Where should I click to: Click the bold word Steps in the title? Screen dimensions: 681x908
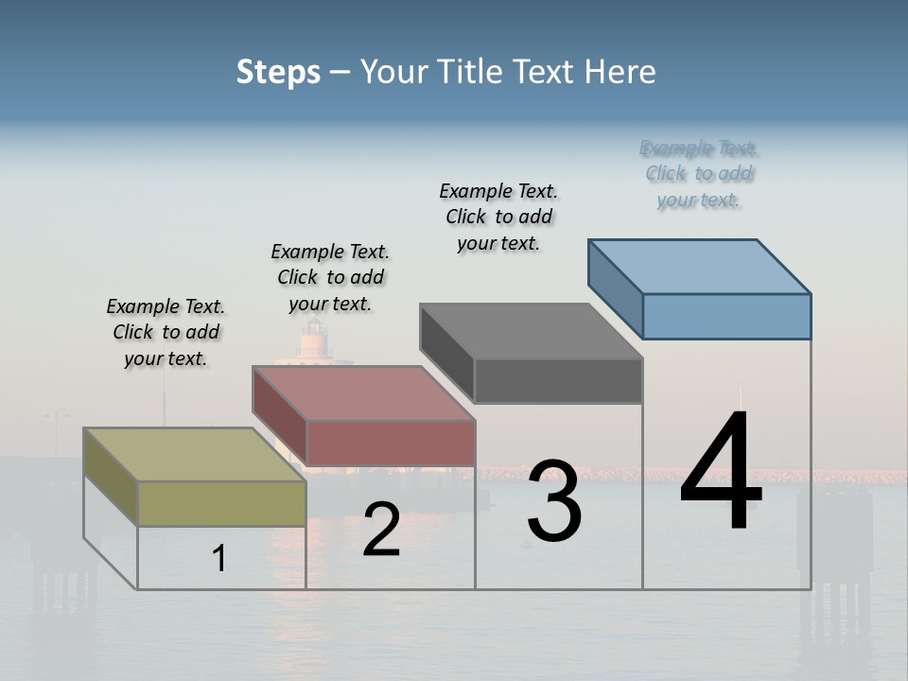pos(278,72)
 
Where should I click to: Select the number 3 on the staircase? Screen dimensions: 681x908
pos(554,501)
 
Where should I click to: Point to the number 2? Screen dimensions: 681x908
pos(381,529)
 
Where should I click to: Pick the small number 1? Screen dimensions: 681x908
pos(219,558)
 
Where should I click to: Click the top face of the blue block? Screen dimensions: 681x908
pos(700,266)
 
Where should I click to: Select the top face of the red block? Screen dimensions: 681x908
pos(363,393)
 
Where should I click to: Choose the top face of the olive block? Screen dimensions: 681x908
pos(195,455)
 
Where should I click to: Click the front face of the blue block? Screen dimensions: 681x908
pos(726,316)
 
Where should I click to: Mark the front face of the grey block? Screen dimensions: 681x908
pos(558,381)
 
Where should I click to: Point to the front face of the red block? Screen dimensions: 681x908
pos(391,443)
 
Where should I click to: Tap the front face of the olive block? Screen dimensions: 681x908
pos(221,503)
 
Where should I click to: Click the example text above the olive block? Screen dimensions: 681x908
pos(166,332)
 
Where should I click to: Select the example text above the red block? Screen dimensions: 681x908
pos(330,277)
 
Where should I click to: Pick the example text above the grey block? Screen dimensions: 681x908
pos(498,217)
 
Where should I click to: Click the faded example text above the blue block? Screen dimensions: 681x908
pos(699,173)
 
